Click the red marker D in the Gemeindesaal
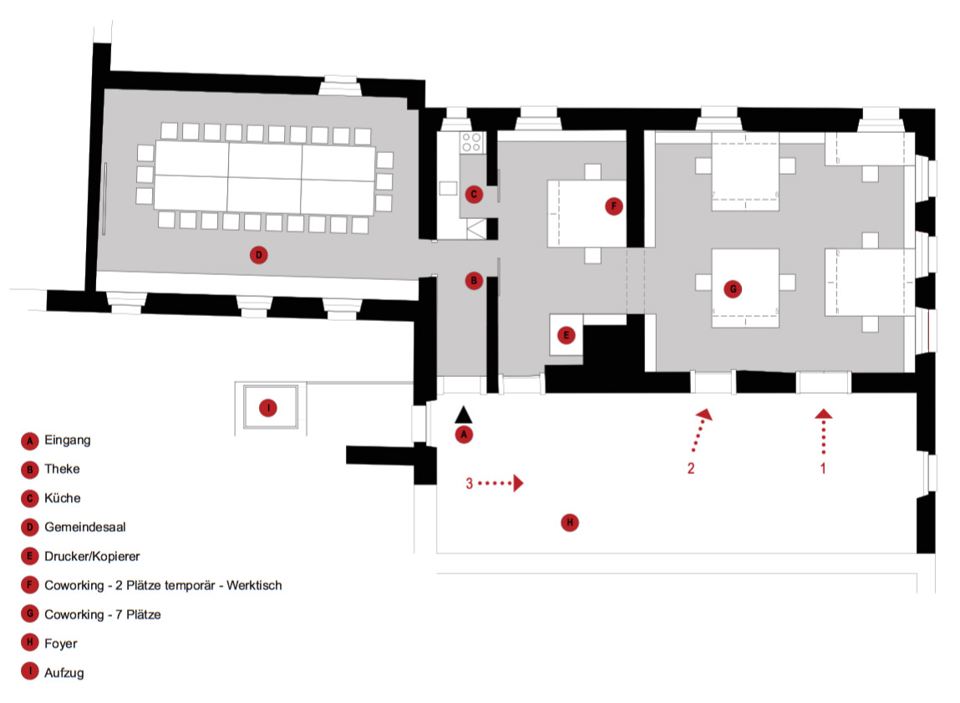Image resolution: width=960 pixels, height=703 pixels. [x=259, y=255]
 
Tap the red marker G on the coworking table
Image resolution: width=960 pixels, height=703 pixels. [x=733, y=288]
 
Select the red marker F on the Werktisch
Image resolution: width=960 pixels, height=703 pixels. [x=614, y=206]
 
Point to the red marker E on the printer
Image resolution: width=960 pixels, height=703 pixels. [x=566, y=336]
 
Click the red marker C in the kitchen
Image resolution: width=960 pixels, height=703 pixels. [x=474, y=195]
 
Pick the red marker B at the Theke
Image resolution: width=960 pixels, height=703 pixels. [x=474, y=282]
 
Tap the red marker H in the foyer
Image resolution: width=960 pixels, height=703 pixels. [x=569, y=523]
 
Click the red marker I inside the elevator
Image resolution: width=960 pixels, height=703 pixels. [x=268, y=408]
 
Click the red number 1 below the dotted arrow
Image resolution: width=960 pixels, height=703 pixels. [x=823, y=469]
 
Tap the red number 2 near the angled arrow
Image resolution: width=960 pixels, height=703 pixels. [x=691, y=468]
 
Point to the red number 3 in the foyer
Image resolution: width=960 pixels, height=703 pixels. [x=470, y=483]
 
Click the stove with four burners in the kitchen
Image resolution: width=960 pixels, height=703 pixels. [x=471, y=142]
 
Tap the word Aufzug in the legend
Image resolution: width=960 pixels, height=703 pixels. [x=64, y=672]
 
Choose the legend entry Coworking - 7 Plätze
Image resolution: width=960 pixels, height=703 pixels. [x=102, y=614]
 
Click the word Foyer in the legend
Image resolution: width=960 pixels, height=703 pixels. [x=61, y=644]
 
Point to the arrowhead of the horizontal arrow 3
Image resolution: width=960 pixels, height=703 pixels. [x=518, y=483]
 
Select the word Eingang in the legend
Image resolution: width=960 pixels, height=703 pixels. [x=68, y=440]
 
